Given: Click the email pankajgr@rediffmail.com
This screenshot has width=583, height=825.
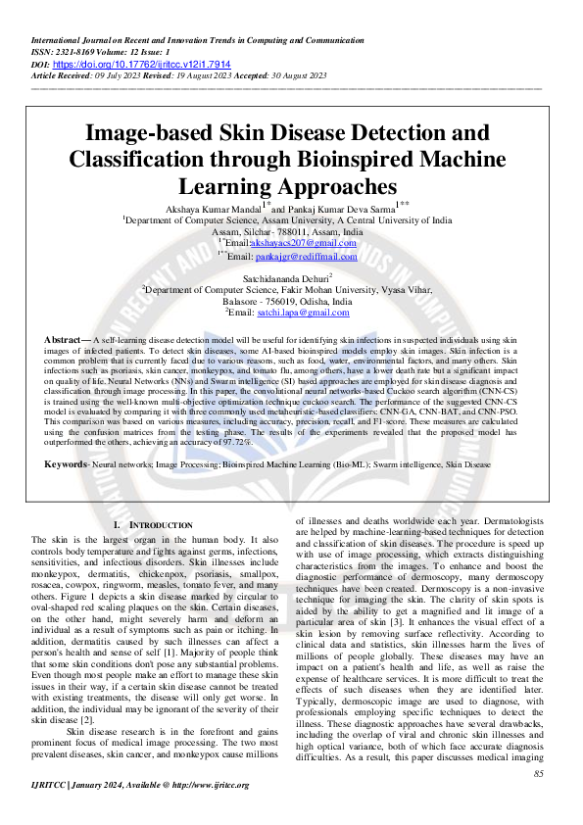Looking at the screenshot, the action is pos(307,257).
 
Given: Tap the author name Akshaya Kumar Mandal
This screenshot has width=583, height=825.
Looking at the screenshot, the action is pos(214,210).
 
